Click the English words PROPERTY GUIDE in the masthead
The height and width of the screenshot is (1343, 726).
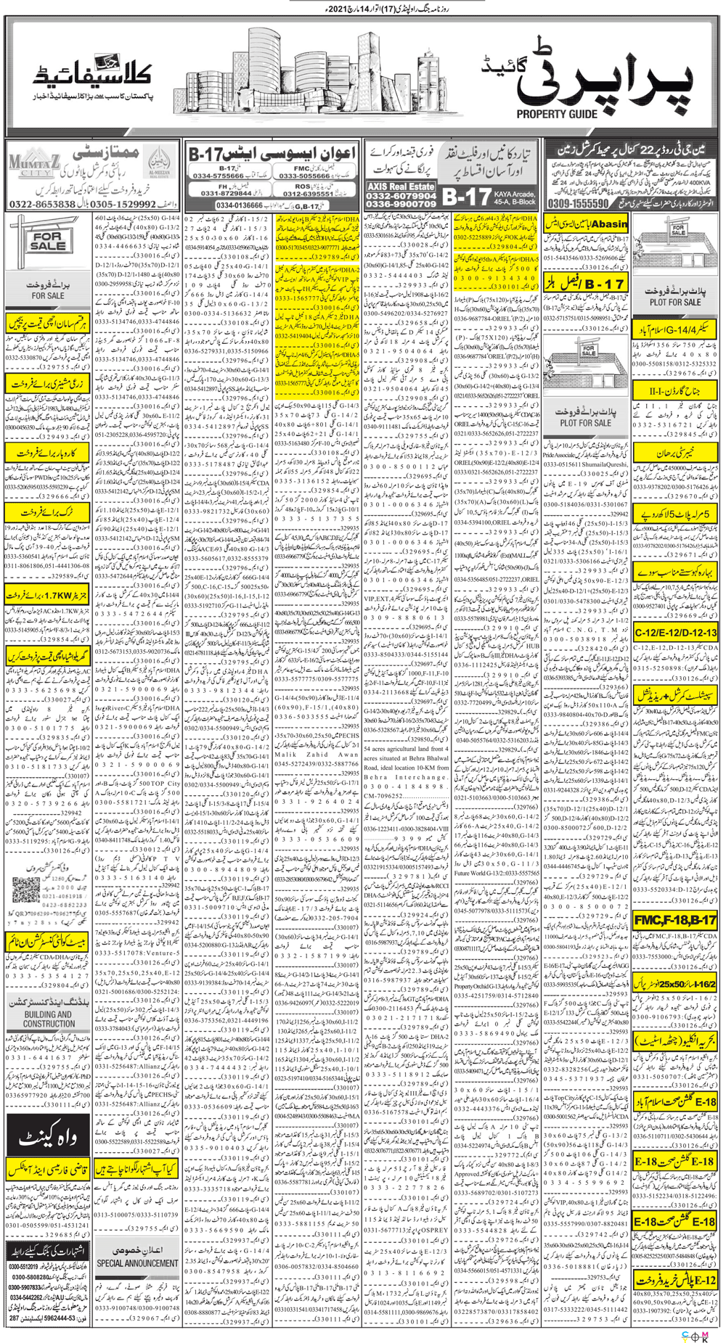[x=558, y=114]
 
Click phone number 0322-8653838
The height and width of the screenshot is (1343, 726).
[x=43, y=205]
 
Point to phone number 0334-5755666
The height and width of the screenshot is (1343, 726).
[x=217, y=176]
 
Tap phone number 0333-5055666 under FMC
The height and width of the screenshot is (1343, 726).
[x=306, y=176]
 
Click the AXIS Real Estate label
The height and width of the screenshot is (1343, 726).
[x=401, y=186]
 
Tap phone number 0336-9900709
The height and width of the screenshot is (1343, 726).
[x=401, y=205]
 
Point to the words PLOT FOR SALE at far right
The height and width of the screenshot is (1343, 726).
[x=675, y=302]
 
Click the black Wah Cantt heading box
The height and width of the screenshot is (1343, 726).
[x=48, y=1138]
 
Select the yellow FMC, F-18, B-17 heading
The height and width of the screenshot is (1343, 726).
[x=675, y=920]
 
